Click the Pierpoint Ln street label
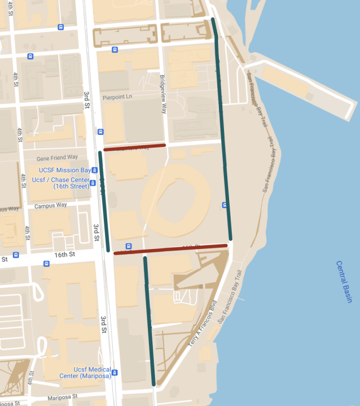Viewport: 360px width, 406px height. (117, 97)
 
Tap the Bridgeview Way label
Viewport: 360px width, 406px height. (163, 94)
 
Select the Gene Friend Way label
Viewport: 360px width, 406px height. (57, 158)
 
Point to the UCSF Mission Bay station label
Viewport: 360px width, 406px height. (65, 170)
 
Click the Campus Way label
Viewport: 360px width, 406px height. (50, 206)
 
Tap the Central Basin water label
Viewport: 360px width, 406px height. (344, 281)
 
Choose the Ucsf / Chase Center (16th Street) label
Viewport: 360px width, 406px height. (60, 183)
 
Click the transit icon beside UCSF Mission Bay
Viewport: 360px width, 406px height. (95, 169)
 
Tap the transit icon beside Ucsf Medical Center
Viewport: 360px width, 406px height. (115, 373)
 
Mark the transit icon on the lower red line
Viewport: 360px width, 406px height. (129, 246)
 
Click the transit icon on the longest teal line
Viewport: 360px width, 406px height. (225, 205)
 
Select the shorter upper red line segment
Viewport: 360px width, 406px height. (134, 147)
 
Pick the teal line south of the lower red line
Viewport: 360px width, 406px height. (150, 322)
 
